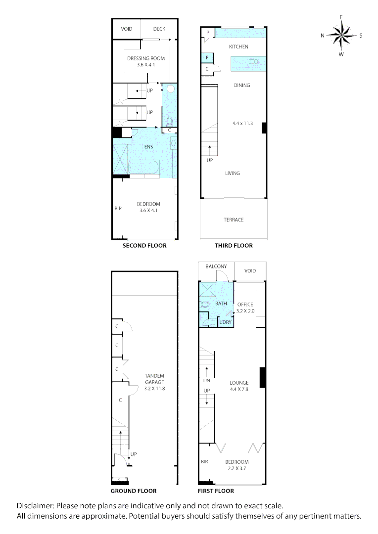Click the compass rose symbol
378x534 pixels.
click(341, 35)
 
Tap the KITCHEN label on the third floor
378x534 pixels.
click(238, 47)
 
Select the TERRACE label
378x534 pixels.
click(233, 220)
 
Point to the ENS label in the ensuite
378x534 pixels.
click(148, 147)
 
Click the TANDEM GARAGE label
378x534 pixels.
click(153, 379)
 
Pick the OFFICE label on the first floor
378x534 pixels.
click(245, 304)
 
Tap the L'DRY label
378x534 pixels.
click(225, 322)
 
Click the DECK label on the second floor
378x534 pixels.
click(159, 29)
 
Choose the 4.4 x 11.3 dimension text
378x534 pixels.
click(242, 123)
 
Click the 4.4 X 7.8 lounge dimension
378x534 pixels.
click(239, 390)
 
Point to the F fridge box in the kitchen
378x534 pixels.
click(207, 58)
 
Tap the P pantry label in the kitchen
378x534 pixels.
click(208, 33)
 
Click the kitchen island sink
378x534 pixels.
click(253, 62)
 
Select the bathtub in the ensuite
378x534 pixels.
click(143, 168)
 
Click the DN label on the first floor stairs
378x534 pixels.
click(207, 381)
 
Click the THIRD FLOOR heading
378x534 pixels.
click(234, 246)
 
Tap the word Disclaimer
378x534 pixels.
click(35, 506)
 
